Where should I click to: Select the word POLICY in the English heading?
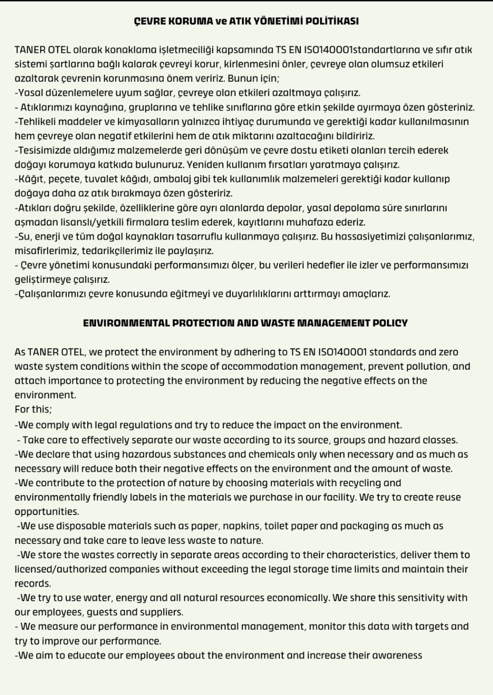(x=390, y=323)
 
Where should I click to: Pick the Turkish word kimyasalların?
(x=135, y=122)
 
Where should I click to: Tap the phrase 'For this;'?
(x=33, y=409)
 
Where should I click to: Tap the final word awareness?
(x=397, y=656)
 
